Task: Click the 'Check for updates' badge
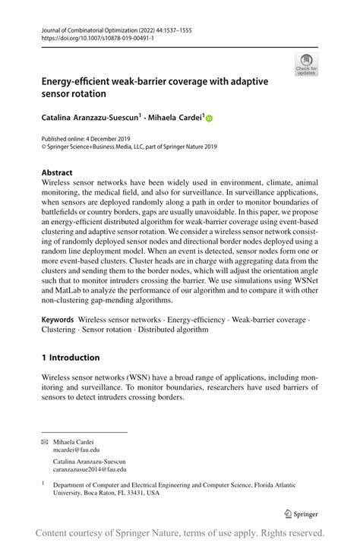(x=308, y=64)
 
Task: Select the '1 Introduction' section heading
(x=71, y=358)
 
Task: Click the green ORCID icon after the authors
(x=210, y=118)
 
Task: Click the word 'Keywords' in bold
(x=58, y=320)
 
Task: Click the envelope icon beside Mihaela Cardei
(x=45, y=441)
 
